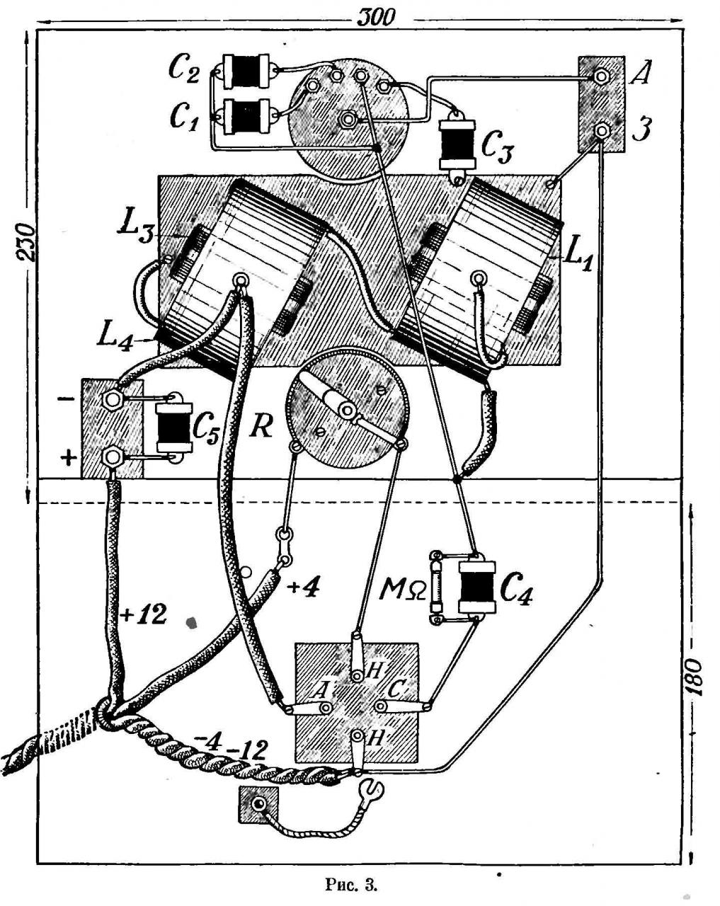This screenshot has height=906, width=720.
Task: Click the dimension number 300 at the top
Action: pyautogui.click(x=375, y=17)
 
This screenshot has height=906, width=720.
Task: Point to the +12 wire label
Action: pyautogui.click(x=143, y=614)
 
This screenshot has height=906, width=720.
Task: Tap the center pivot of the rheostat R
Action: pyautogui.click(x=346, y=410)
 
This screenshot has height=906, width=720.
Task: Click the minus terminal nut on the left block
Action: pyautogui.click(x=111, y=400)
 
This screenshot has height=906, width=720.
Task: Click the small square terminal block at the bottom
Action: pyautogui.click(x=259, y=805)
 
